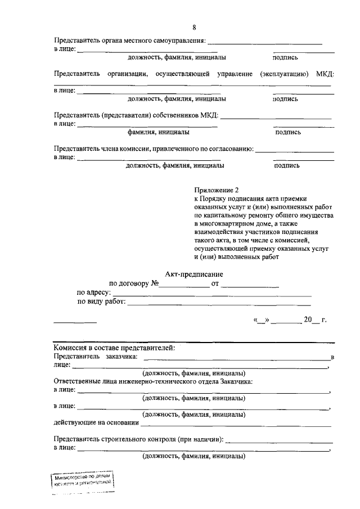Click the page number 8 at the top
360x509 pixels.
click(x=194, y=28)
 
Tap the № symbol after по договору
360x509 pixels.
click(x=155, y=283)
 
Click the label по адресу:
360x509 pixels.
click(x=94, y=293)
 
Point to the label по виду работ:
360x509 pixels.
click(x=102, y=302)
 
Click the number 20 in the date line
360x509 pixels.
click(x=308, y=320)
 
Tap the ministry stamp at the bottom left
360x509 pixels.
click(x=83, y=480)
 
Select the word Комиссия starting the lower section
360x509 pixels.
click(x=70, y=348)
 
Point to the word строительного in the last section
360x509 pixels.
click(x=123, y=439)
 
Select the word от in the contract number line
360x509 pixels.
click(x=214, y=283)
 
